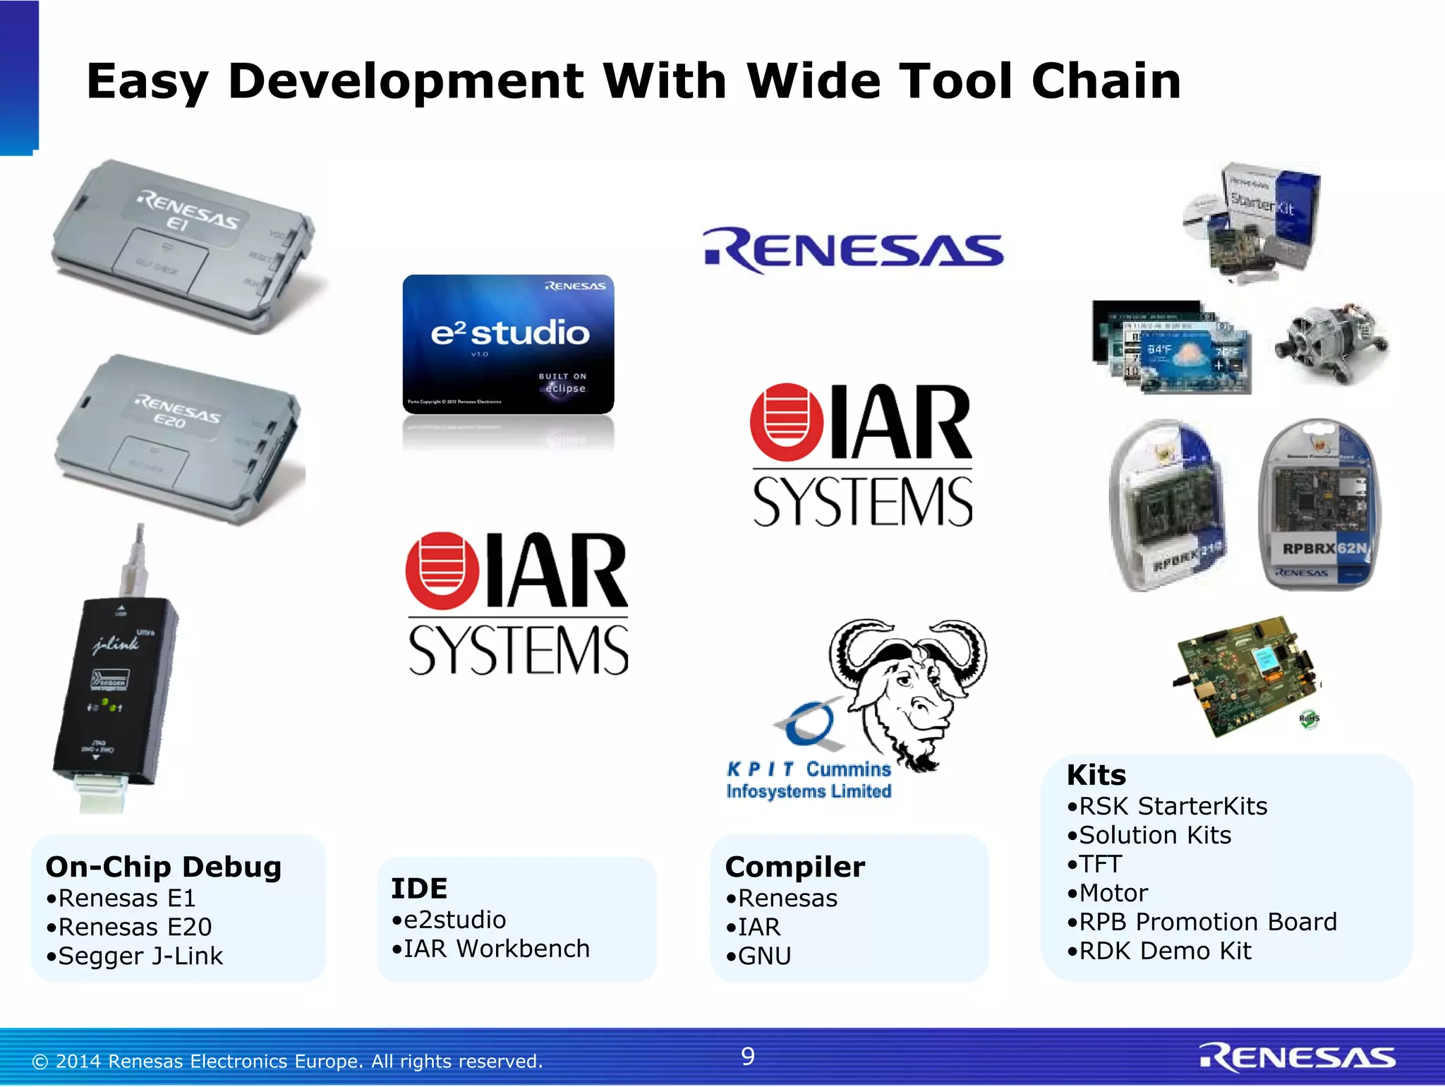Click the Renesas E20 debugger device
tap(180, 438)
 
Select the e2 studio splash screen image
tap(508, 344)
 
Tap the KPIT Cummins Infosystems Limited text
tap(809, 780)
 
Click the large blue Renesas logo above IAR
tap(854, 251)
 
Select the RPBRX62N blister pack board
tap(1319, 505)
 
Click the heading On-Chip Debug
tap(163, 867)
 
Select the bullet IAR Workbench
tap(490, 949)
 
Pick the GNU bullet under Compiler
tap(758, 956)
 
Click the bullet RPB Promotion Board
tap(1202, 922)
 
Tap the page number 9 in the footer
tap(748, 1056)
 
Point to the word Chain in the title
tap(1106, 81)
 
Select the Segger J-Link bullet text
tap(134, 956)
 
